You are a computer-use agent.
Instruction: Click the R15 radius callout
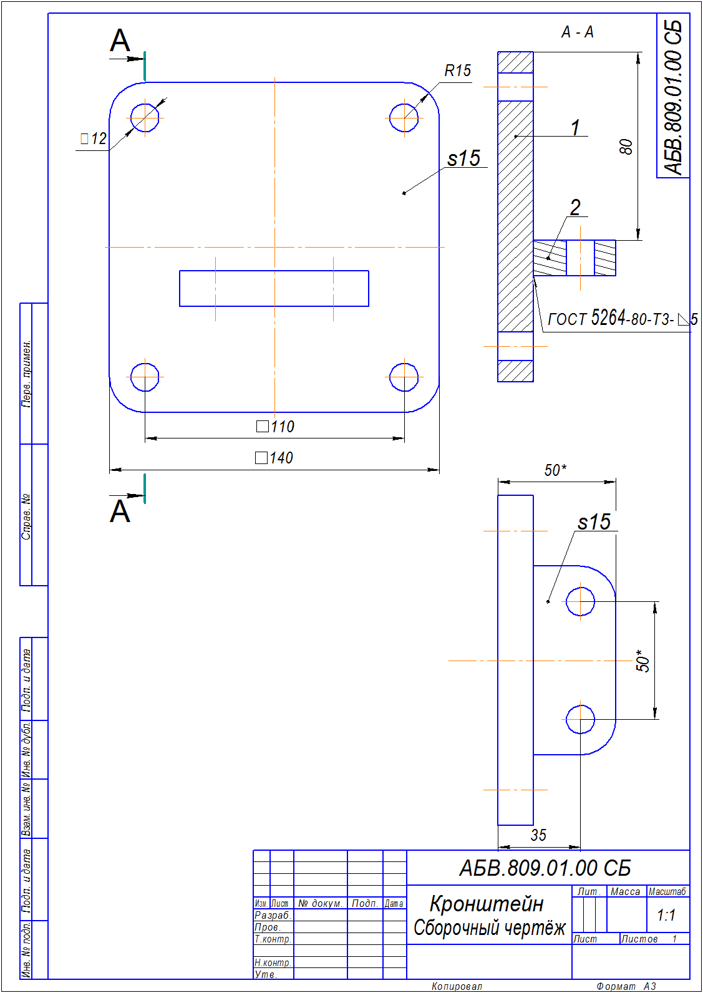point(457,70)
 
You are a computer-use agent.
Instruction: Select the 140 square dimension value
point(274,457)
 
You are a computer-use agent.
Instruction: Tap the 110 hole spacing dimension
point(275,427)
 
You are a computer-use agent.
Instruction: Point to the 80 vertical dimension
point(626,147)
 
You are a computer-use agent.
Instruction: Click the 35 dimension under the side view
point(538,835)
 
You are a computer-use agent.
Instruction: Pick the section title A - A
point(577,32)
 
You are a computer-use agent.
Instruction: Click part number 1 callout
point(575,128)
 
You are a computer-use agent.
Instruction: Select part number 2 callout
point(575,208)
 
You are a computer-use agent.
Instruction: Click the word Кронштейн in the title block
point(487,903)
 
